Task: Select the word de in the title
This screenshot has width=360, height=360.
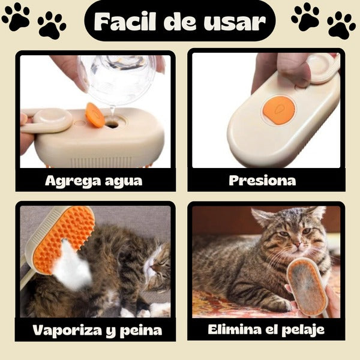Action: [x=181, y=22]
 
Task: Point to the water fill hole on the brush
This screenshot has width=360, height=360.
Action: [x=112, y=124]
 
